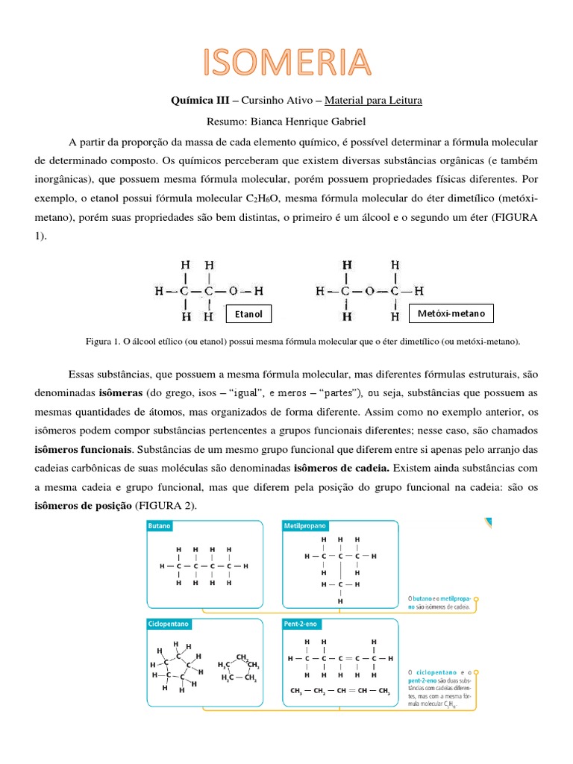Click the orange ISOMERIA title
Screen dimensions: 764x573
287,61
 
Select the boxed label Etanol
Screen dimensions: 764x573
248,314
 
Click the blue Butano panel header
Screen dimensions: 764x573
160,525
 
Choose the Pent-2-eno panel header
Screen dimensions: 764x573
304,622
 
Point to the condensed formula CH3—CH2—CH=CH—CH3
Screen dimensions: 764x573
340,691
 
